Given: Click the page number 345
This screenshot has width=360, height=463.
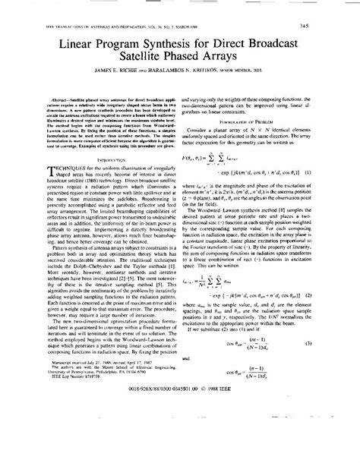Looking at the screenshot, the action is (x=334, y=27).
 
